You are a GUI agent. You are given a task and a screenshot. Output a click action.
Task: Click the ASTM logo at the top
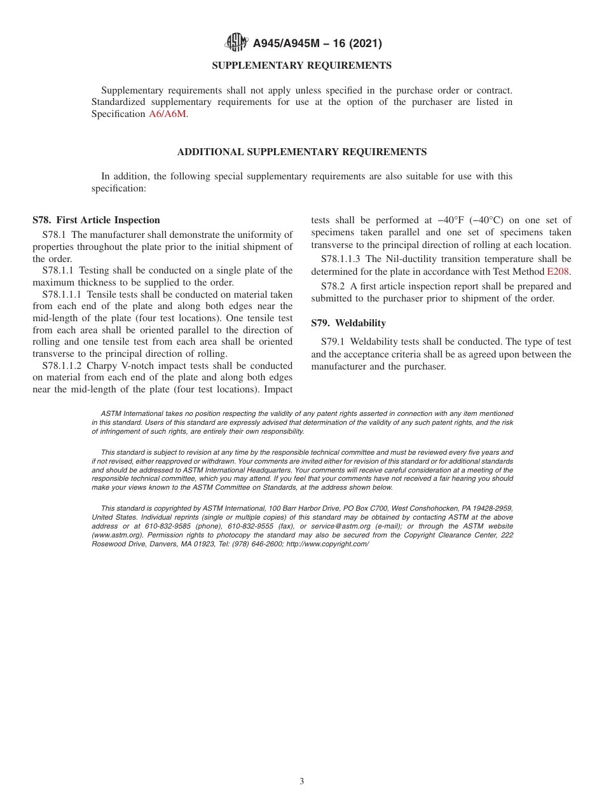[236, 43]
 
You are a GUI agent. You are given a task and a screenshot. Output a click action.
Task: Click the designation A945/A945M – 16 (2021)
[317, 44]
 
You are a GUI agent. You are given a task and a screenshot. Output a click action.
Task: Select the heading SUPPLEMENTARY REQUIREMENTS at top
[301, 66]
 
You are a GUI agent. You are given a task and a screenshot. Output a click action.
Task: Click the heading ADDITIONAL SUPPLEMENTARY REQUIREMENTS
[301, 152]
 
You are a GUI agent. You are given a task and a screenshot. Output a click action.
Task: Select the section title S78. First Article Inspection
[96, 220]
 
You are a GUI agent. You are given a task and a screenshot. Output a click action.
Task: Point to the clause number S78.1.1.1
[62, 294]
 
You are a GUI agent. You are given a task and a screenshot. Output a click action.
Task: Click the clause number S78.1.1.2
[62, 366]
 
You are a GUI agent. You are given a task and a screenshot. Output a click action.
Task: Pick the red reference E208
[558, 271]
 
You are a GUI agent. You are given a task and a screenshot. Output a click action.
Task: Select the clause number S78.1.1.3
[341, 259]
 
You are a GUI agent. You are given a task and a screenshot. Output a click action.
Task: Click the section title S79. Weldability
[348, 323]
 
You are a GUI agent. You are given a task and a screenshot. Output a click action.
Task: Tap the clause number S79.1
[333, 342]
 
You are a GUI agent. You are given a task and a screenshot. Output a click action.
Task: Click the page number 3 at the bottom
[302, 782]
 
